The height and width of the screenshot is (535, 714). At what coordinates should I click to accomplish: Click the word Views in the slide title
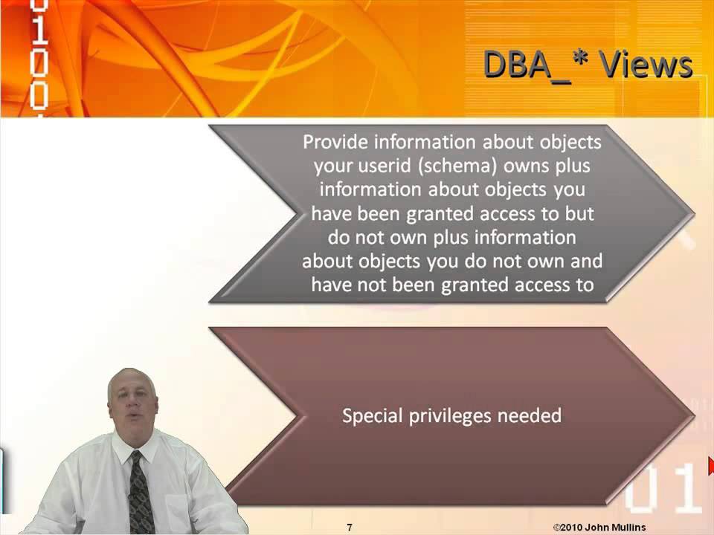(x=646, y=65)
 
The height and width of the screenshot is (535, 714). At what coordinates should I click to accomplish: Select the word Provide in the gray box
(x=335, y=141)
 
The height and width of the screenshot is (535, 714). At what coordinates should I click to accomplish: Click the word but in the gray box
(x=580, y=213)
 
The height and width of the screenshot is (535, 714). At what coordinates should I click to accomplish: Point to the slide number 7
(x=350, y=528)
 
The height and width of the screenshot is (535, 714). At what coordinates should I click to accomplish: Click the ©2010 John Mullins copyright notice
(x=599, y=528)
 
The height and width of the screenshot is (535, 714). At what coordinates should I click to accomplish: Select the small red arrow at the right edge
(x=710, y=467)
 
